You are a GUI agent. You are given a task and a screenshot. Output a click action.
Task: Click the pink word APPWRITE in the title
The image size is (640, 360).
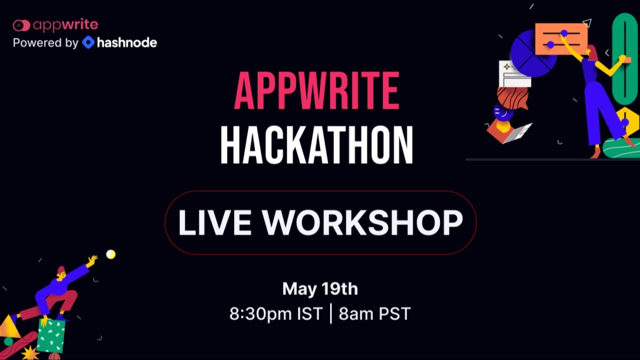317,91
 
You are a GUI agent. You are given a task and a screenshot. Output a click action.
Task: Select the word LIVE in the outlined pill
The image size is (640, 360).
214,222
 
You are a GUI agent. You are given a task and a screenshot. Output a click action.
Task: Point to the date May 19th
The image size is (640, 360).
320,288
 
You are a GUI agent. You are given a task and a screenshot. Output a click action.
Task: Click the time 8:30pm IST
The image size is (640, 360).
276,314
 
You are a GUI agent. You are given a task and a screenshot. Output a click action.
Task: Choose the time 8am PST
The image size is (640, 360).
374,314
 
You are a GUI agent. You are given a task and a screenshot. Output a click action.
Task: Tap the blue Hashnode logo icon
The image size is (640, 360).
88,42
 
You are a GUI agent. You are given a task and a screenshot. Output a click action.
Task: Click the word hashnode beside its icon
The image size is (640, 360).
127,42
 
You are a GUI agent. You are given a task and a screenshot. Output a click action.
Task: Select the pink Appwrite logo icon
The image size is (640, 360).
21,25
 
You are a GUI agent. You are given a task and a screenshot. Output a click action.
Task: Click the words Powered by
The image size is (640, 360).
45,43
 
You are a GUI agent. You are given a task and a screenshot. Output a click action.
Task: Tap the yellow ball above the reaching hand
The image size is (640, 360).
110,254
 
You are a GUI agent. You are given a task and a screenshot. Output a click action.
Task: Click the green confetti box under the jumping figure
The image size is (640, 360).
51,335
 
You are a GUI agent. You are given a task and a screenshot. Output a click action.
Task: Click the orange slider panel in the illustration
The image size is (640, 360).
561,38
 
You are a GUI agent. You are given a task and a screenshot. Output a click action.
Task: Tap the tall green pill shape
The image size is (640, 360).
624,57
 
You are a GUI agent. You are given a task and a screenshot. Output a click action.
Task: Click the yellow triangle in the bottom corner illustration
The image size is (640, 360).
8,327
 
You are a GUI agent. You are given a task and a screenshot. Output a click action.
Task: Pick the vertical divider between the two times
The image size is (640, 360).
331,314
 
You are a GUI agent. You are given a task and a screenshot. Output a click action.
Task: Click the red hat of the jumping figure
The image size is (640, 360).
61,270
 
